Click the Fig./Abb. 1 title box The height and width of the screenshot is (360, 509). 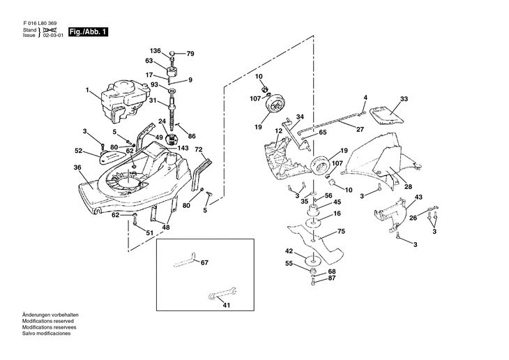coord(88,32)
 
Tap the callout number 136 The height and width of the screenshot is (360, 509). coord(155,51)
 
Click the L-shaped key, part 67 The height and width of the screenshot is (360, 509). coord(185,261)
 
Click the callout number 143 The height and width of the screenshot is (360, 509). coord(183,148)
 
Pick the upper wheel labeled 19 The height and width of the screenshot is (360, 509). coord(275,104)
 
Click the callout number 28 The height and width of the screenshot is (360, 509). coord(409,186)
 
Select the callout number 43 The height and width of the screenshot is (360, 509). coord(419,197)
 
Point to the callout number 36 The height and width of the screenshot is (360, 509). coord(77,167)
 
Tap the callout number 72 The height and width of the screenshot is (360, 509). coord(198,150)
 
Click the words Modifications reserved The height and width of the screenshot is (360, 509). coord(48,321)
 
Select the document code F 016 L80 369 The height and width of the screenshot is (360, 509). coord(40,24)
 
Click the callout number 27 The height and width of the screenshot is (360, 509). coord(360,129)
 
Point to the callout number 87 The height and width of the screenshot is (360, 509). coord(332,278)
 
